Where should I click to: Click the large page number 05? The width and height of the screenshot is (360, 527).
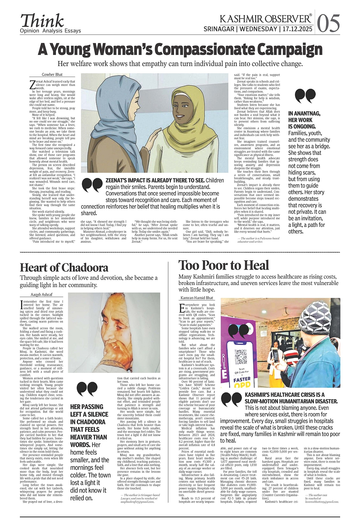click(328, 23)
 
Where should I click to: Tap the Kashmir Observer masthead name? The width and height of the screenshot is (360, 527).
click(265, 19)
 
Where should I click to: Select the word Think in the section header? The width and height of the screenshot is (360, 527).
click(42, 21)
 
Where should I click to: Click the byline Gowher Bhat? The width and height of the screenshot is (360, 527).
click(52, 75)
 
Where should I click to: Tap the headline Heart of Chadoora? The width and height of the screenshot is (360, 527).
click(64, 268)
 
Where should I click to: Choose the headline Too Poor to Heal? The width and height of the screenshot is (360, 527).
click(224, 265)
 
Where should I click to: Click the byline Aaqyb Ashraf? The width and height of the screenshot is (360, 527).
click(41, 294)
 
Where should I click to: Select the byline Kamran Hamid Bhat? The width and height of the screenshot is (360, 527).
click(197, 298)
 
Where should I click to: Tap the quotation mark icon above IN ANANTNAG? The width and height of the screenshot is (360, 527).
click(305, 96)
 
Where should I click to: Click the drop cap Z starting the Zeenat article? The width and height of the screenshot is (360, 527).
click(32, 85)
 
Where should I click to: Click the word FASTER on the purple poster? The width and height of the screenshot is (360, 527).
click(242, 379)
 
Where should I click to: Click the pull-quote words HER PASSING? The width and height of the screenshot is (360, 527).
click(87, 407)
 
